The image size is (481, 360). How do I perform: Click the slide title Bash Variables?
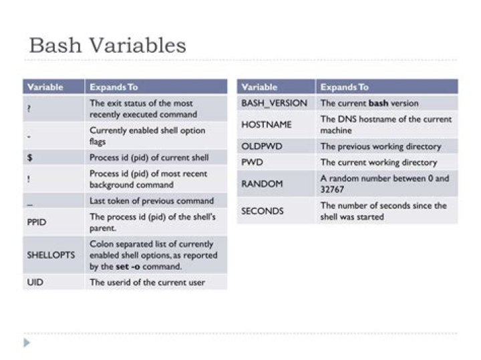108,45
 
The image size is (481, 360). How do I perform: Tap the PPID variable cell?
53,222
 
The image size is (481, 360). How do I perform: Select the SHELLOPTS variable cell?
53,255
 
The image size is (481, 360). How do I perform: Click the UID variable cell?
53,282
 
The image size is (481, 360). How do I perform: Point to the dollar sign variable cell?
53,158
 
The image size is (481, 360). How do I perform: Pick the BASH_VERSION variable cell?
276,103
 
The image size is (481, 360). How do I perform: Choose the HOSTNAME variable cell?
276,124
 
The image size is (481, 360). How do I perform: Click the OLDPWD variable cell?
276,146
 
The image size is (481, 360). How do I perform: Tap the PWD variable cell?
276,162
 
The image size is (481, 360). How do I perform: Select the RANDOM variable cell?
276,184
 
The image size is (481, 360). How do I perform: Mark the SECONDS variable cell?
276,211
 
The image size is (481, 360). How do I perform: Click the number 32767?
332,190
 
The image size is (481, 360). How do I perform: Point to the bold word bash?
378,103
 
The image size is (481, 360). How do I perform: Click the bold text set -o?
128,266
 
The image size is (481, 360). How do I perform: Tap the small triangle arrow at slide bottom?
27,343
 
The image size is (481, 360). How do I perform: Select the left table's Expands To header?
114,87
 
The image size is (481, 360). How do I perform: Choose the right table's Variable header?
259,87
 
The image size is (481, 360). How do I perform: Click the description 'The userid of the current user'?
147,282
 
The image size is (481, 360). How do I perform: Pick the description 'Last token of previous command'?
152,201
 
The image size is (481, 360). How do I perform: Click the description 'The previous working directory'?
381,146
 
